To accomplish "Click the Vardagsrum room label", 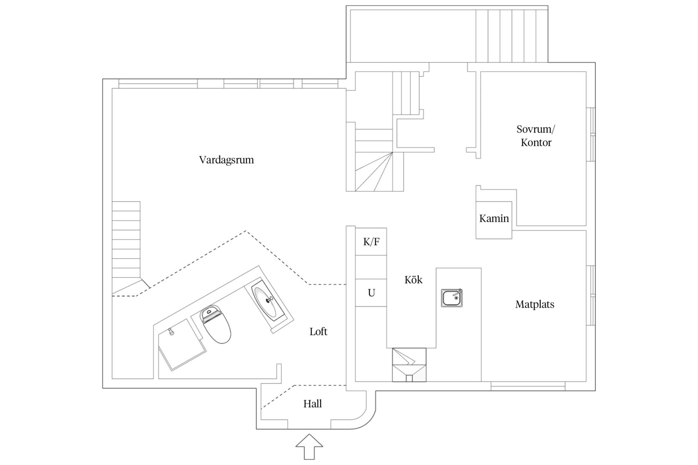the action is pos(227,160).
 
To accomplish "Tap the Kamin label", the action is pos(494,218).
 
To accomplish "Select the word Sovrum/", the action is pos(536,129).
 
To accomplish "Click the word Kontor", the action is pos(536,143).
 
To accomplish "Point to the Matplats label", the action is pos(535,304).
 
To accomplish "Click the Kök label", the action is pos(414,279).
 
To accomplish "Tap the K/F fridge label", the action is pos(371,242).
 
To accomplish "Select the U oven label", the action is pos(371,293).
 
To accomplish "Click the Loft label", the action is pos(318,332).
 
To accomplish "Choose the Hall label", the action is pos(312,404).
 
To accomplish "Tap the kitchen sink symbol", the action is pos(452,298).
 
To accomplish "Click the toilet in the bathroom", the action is pos(215,324).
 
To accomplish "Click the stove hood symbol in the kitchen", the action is pos(409,365).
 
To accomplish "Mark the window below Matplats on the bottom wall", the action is pos(528,386).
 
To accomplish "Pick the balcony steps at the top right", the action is pos(511,36).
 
